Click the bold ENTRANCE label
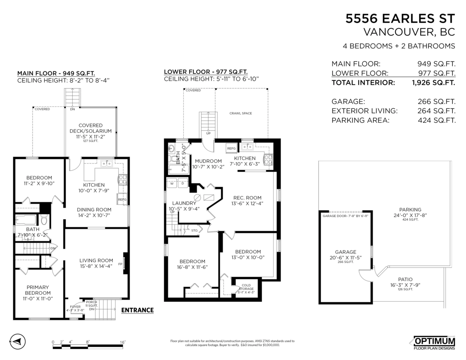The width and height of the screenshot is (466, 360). tap(137, 310)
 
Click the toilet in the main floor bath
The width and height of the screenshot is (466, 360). tap(44, 221)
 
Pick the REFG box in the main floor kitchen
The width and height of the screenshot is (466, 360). tap(122, 200)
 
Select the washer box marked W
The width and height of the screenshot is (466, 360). tap(171, 184)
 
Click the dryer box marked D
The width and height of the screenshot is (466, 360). tap(183, 184)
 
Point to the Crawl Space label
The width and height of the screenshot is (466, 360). tap(241, 113)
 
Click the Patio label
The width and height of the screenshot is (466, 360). tap(405, 279)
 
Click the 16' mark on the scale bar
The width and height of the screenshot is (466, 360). tap(122, 342)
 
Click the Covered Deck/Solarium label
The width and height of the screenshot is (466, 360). tap(90, 128)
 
